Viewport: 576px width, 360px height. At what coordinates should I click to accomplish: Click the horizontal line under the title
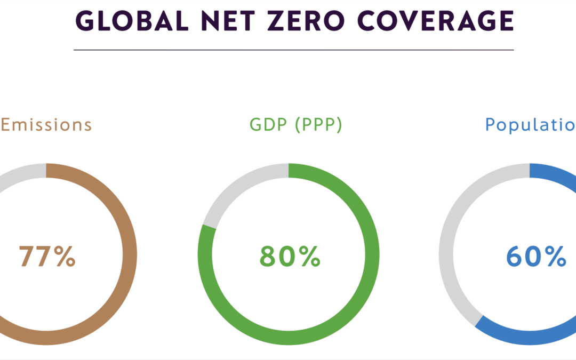(x=293, y=50)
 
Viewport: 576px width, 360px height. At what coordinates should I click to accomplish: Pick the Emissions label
(x=46, y=125)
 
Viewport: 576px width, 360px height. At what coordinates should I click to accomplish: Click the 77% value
(x=47, y=257)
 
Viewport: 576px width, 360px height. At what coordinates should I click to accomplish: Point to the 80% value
(x=290, y=257)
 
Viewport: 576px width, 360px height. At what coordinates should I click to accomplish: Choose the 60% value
(x=535, y=257)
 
